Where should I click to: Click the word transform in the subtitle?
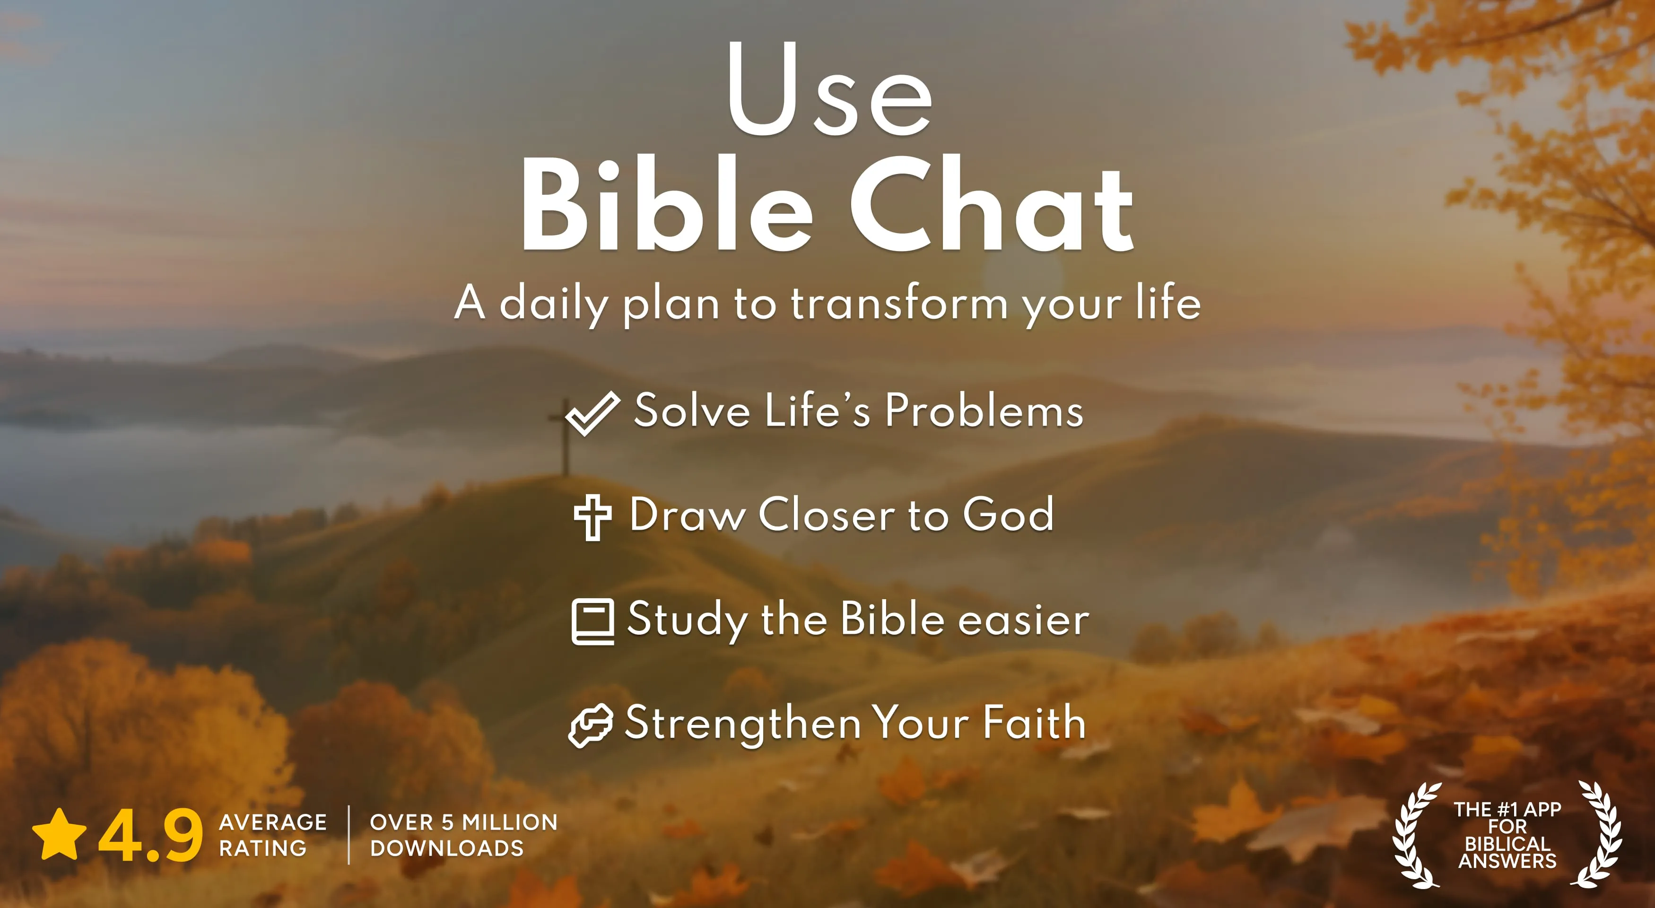click(x=899, y=303)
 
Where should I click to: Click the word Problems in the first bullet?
click(x=984, y=411)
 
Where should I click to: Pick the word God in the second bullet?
click(x=1008, y=515)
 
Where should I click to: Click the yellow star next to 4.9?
click(x=59, y=835)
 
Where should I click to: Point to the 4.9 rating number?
click(x=150, y=835)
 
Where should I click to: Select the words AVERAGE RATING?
click(x=272, y=835)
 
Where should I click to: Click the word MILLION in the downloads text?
click(x=509, y=822)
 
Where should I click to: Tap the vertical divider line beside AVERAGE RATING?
click(x=349, y=835)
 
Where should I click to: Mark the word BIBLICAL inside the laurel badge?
click(x=1507, y=843)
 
